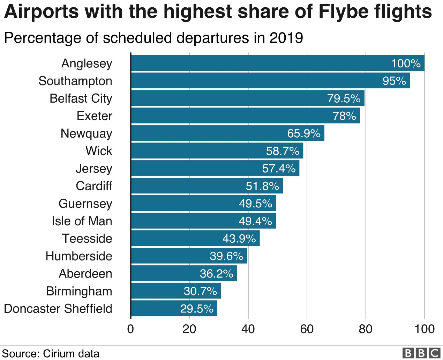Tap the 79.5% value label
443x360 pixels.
click(344, 98)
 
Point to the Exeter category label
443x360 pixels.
click(95, 116)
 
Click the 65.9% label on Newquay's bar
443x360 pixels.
click(304, 133)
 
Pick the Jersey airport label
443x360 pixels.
click(94, 169)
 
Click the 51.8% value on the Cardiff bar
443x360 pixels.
click(262, 186)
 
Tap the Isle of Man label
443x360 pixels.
click(82, 221)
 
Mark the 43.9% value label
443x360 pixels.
click(239, 238)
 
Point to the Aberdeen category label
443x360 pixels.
click(85, 274)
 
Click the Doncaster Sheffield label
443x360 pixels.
click(58, 309)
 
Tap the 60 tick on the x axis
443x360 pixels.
click(307, 329)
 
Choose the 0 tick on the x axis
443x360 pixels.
click(130, 329)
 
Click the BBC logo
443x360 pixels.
click(421, 353)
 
